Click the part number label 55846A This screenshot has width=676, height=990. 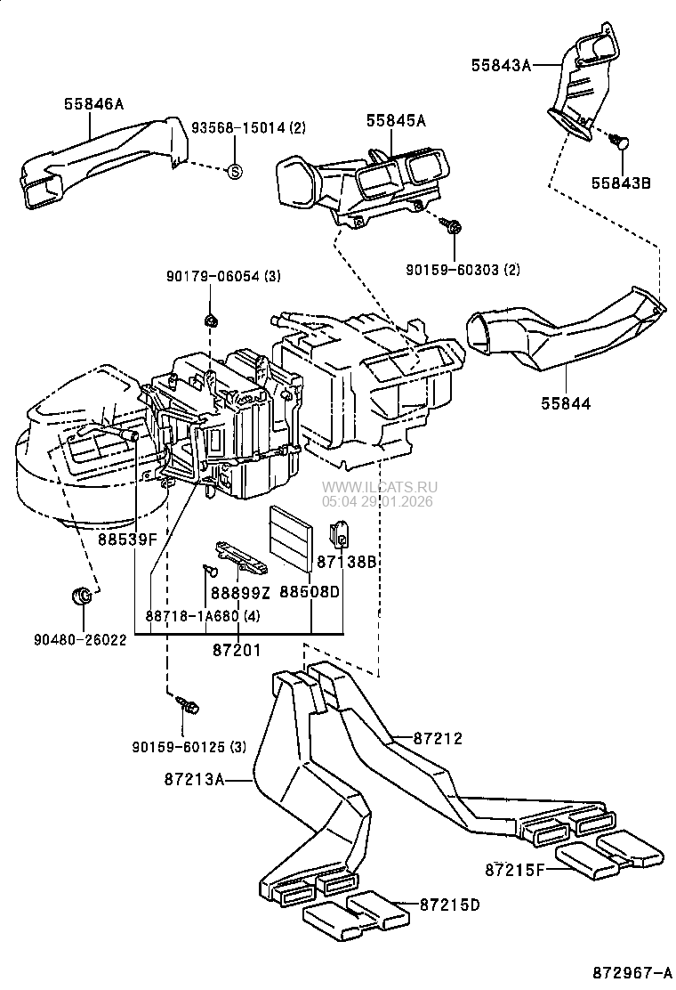[93, 104]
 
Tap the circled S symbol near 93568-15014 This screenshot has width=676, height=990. [234, 171]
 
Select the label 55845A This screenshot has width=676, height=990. [394, 121]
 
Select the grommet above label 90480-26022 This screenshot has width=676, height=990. [81, 596]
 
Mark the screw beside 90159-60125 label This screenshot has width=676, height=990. [189, 706]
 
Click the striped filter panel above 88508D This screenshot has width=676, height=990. [291, 538]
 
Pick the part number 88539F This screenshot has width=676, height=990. [127, 539]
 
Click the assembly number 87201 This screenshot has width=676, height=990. [237, 651]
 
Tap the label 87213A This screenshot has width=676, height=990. [193, 780]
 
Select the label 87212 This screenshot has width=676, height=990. [438, 738]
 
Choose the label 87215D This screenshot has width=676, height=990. [450, 905]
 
